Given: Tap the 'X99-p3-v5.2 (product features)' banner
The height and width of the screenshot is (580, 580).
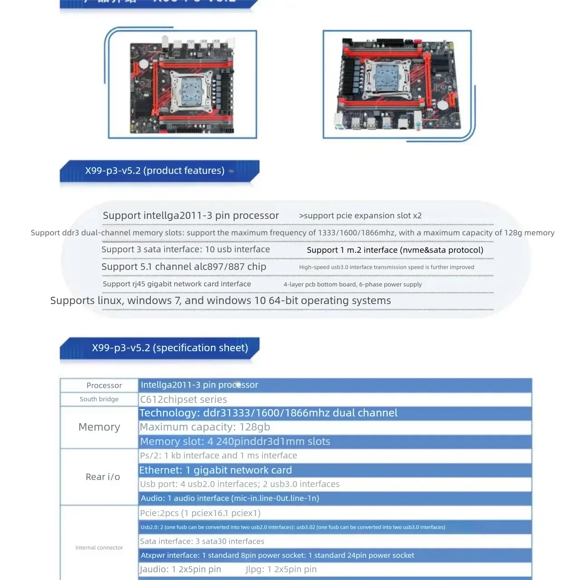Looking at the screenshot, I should (x=155, y=171).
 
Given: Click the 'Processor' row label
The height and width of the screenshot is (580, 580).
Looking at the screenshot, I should (x=104, y=386).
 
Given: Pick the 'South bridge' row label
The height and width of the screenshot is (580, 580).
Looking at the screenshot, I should (x=99, y=399).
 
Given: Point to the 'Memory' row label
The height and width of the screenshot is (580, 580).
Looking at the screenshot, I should (x=99, y=427).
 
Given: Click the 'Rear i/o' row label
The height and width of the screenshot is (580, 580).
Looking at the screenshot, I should (x=102, y=477).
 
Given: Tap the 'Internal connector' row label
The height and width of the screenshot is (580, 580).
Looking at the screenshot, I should (x=99, y=547).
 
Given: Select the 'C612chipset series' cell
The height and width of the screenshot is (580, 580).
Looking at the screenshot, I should (x=184, y=400).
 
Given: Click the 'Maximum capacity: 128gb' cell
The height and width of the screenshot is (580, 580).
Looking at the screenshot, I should (x=205, y=427).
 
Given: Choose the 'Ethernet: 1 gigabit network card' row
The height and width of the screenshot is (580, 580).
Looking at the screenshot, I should (x=216, y=470).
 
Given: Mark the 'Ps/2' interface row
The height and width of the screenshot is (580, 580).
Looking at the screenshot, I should (x=218, y=455).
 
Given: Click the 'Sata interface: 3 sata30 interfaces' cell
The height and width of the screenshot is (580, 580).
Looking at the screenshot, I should (x=202, y=541).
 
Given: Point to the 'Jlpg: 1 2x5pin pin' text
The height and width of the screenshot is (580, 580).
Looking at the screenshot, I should (x=281, y=570).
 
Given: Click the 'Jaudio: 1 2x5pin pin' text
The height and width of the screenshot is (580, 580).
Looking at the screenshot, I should (x=180, y=570).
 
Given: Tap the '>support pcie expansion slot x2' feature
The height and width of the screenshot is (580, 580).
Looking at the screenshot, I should (x=360, y=216).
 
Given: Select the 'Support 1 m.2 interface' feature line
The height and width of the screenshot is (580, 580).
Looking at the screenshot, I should (x=395, y=250).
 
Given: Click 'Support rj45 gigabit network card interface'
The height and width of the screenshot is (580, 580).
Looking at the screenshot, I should (x=177, y=284).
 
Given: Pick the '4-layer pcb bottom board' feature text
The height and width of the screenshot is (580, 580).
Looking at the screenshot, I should (x=353, y=285).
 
